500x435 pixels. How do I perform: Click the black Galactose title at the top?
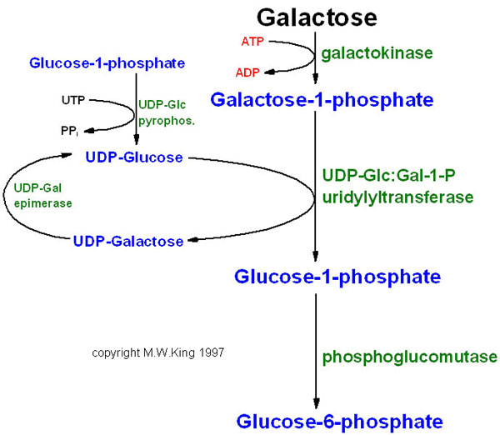[x=317, y=17]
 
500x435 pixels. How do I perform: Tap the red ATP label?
[x=252, y=40]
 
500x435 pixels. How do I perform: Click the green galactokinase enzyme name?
[x=377, y=52]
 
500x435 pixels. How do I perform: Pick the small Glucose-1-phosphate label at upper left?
[x=107, y=62]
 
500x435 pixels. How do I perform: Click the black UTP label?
[x=72, y=100]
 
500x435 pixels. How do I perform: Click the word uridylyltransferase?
[x=397, y=198]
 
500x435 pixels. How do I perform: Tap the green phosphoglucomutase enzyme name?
[x=409, y=357]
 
